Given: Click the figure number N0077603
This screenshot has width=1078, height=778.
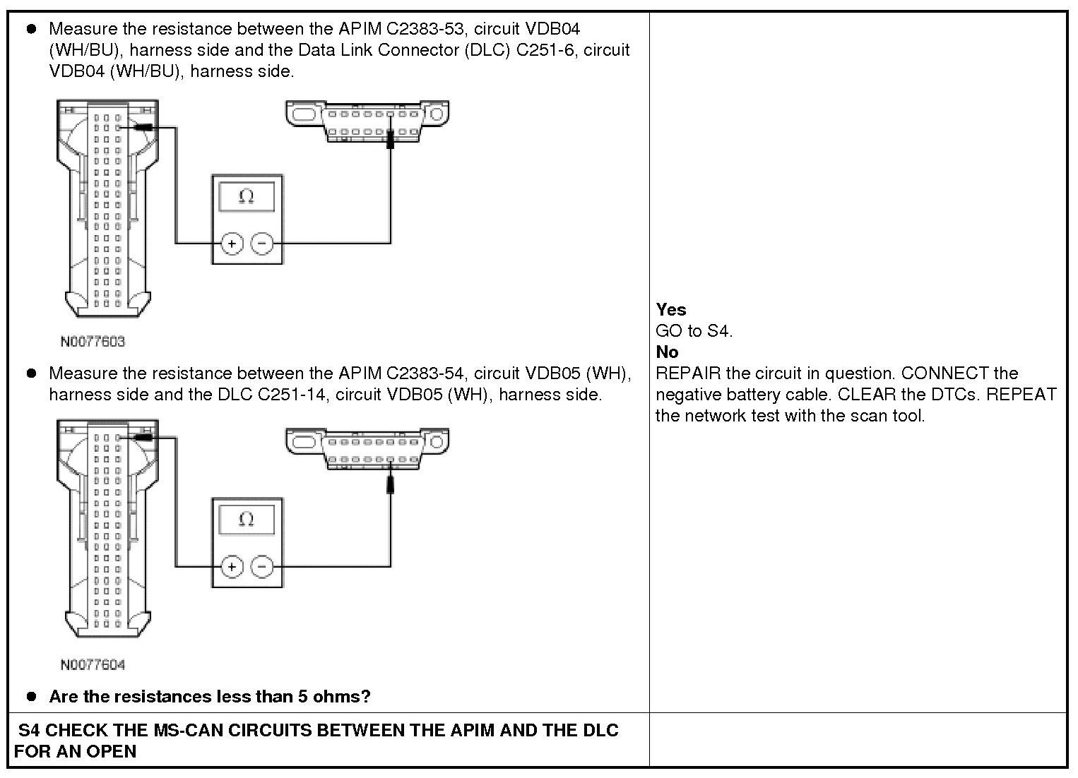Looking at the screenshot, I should (x=93, y=342).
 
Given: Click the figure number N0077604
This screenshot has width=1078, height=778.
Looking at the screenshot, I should (x=93, y=665).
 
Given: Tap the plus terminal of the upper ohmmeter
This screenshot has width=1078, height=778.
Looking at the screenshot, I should (x=232, y=244).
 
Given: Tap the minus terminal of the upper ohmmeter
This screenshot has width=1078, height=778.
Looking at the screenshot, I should (x=262, y=244).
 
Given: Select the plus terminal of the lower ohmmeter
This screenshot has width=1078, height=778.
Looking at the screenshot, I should (x=232, y=566).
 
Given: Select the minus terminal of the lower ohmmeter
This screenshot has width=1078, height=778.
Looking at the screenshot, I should (x=262, y=566).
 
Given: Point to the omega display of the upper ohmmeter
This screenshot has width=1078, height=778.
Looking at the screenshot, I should (x=247, y=196).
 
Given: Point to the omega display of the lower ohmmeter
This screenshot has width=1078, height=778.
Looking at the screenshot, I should (x=247, y=520).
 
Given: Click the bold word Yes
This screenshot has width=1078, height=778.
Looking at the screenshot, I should (x=670, y=309).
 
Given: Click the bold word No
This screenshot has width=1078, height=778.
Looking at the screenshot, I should (x=667, y=352).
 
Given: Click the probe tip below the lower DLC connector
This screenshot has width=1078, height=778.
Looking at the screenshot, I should (x=391, y=484).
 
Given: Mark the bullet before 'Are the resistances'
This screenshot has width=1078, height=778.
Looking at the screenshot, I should (x=31, y=696).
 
